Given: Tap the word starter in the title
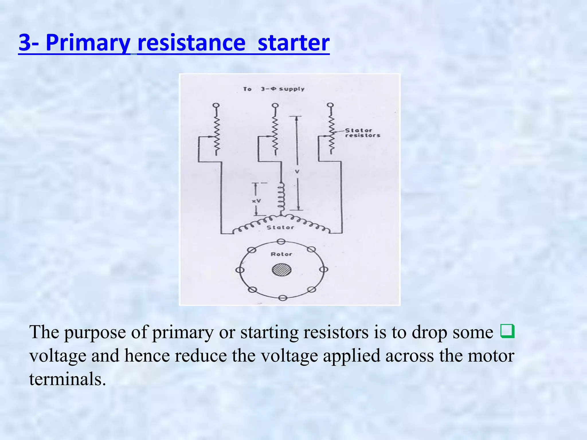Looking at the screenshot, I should click(293, 43).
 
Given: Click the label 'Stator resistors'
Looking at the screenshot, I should click(362, 133).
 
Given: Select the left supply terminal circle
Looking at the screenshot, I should click(216, 105).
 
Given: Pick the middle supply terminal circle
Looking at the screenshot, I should click(275, 105).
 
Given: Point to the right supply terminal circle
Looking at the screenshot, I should click(330, 105).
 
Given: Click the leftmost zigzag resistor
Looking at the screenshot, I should click(217, 135).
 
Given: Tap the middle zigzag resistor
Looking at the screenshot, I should click(275, 135).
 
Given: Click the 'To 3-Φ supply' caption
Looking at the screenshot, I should click(273, 89).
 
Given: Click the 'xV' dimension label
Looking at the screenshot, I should click(257, 201).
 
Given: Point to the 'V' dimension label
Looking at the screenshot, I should click(297, 172).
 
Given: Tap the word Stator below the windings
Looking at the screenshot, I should click(280, 227).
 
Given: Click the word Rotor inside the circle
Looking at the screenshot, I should click(281, 254).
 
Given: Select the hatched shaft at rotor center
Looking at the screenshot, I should click(281, 270).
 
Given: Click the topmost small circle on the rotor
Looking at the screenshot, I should click(281, 242).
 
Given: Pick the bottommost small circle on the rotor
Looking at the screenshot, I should click(283, 298).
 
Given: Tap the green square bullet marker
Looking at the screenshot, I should click(507, 331).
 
